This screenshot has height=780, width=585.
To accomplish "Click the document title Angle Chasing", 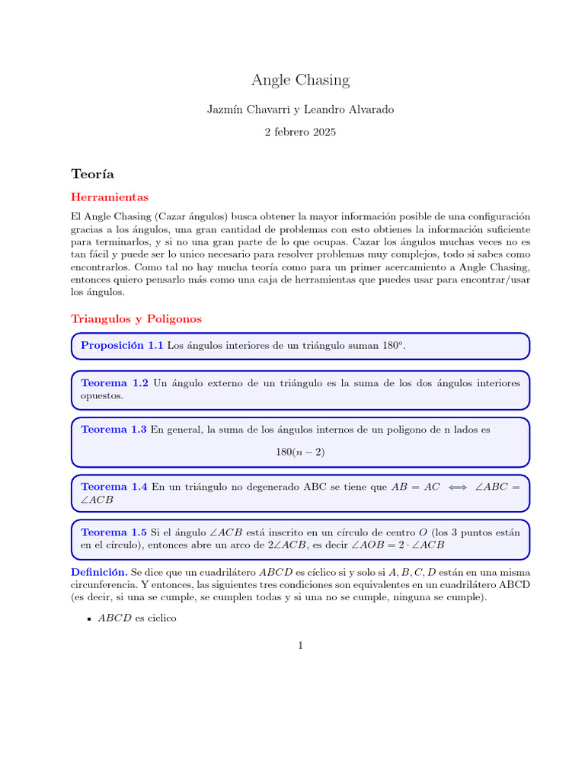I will click(300, 80).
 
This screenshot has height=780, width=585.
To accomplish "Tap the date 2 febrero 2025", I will click(300, 132).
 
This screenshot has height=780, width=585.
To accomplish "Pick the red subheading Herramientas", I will click(110, 197).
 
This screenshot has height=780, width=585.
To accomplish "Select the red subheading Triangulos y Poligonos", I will click(136, 318).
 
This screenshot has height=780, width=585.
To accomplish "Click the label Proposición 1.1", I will click(122, 346).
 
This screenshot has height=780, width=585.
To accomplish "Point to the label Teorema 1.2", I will click(114, 384).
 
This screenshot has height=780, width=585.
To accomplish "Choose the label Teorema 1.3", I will click(113, 430).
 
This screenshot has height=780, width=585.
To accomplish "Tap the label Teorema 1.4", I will click(114, 487).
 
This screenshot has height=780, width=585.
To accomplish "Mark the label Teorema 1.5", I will click(114, 532).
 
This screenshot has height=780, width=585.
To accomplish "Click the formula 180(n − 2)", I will click(300, 452).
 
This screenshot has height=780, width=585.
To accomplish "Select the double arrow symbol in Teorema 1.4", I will click(457, 487).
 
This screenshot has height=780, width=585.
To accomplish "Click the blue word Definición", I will click(99, 571).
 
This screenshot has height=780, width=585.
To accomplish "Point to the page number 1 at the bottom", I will click(300, 646).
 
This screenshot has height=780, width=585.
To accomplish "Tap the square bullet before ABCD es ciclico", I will click(89, 620).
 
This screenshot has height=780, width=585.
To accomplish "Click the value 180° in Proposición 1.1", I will click(391, 346).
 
